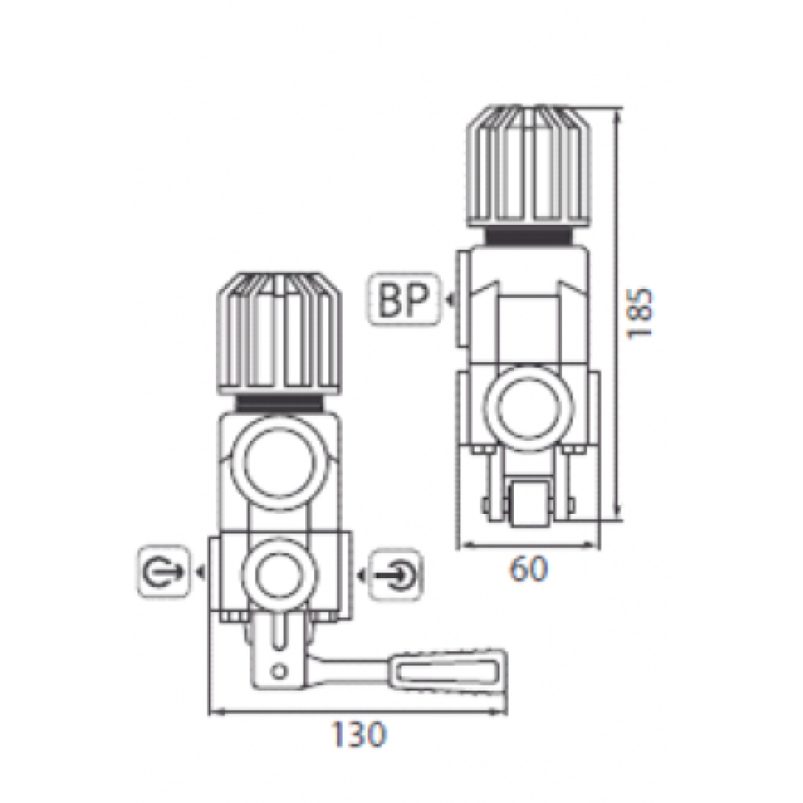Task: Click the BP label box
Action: (405, 301)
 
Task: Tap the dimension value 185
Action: (641, 313)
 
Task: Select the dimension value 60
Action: (528, 569)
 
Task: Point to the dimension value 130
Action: (358, 735)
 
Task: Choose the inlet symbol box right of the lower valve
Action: (397, 575)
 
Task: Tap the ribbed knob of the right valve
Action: (528, 166)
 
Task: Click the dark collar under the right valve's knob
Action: (528, 236)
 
